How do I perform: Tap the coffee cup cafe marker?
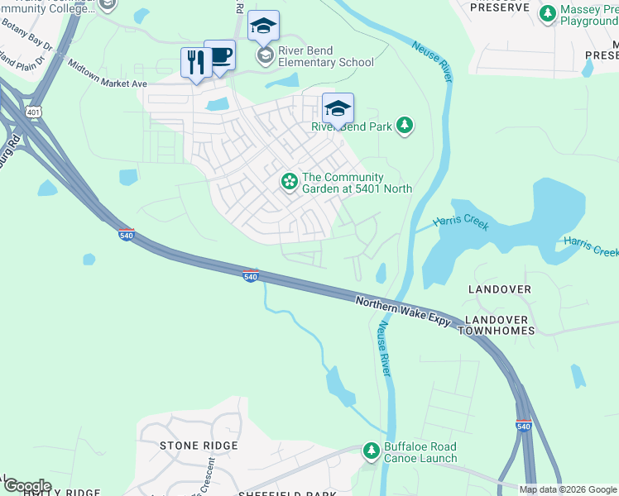click(x=219, y=56)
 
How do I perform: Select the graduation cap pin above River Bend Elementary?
click(x=263, y=27)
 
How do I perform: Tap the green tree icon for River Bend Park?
click(x=405, y=126)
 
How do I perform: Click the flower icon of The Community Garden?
click(x=290, y=180)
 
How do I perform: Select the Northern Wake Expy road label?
click(x=403, y=310)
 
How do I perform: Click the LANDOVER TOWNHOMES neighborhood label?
click(x=499, y=325)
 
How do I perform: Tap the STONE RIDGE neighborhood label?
click(x=199, y=446)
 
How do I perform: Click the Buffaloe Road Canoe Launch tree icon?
click(x=372, y=451)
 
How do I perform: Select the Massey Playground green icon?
click(x=547, y=12)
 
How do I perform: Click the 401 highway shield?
click(x=33, y=111)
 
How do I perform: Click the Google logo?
click(x=26, y=486)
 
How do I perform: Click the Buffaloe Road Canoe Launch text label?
click(x=420, y=452)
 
